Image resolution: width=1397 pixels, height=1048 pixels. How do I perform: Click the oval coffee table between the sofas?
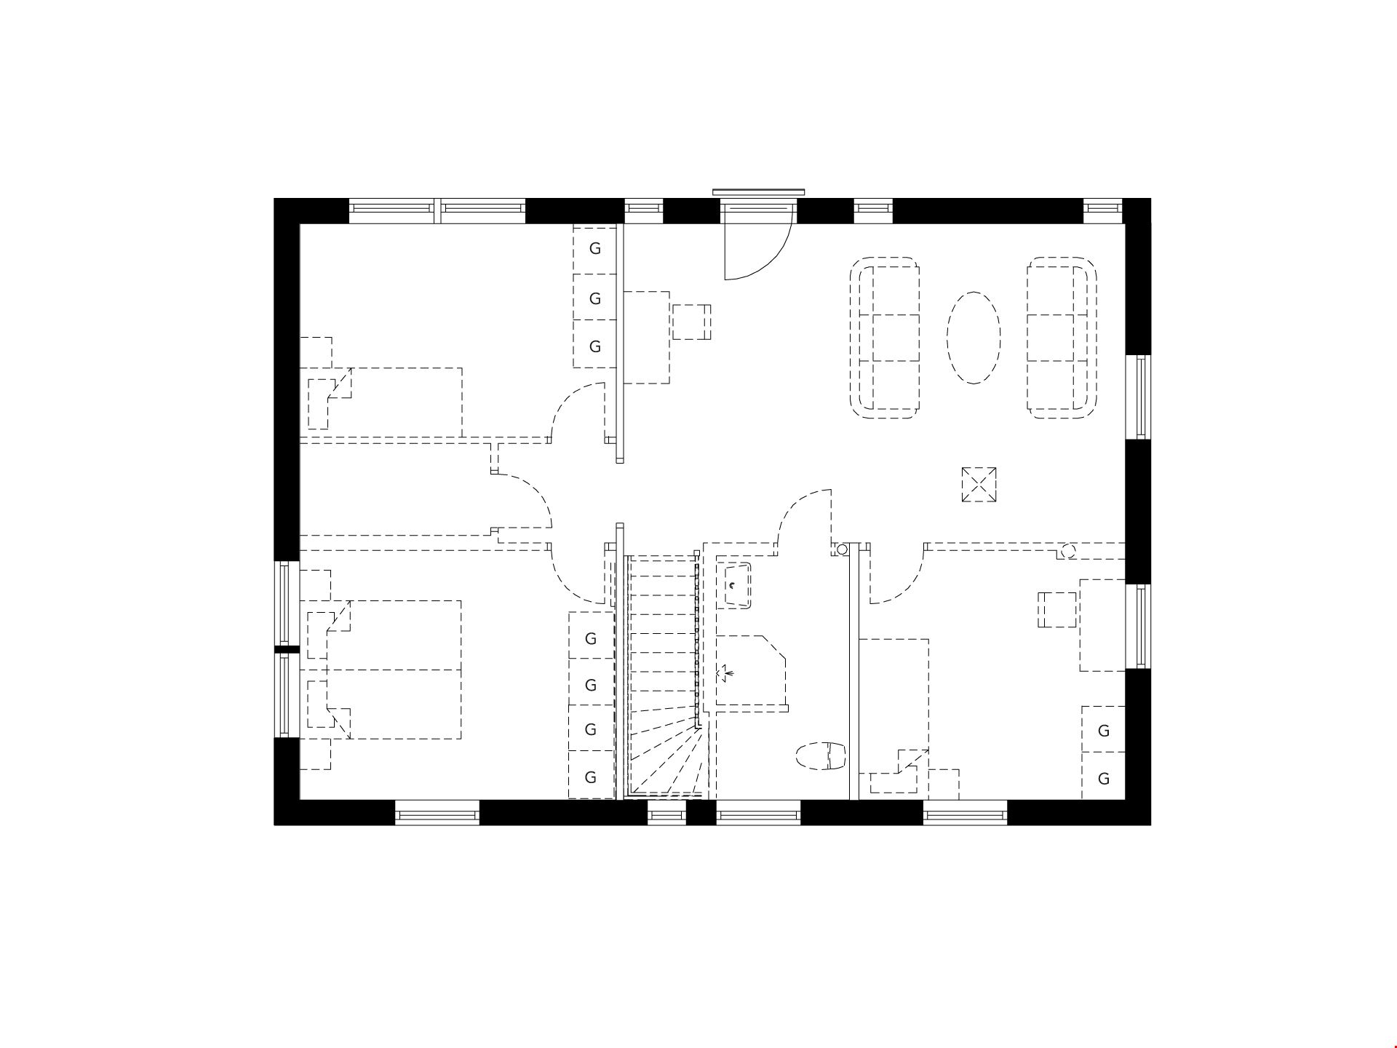(x=974, y=338)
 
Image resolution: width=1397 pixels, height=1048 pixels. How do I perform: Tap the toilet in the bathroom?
(x=821, y=756)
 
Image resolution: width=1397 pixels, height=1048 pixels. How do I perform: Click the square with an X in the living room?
(x=979, y=485)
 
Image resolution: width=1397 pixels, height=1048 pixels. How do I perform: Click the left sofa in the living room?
(x=885, y=338)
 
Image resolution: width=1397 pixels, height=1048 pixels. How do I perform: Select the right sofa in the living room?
(x=1062, y=338)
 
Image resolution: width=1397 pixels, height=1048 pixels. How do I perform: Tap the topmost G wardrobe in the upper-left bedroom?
(x=595, y=249)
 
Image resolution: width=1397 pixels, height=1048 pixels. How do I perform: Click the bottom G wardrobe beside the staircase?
(x=591, y=777)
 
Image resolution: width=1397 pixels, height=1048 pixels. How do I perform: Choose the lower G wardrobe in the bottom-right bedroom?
(x=1104, y=778)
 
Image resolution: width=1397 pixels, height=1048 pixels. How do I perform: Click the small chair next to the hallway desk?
(x=691, y=322)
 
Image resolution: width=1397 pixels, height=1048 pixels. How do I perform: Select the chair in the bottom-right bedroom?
(x=1057, y=610)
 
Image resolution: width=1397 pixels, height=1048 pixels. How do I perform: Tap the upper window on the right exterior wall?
(x=1139, y=397)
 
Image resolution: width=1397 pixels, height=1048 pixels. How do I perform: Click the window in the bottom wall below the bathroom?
(x=759, y=813)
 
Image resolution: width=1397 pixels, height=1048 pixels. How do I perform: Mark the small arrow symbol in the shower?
(x=726, y=673)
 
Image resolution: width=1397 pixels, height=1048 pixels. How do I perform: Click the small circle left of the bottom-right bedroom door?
(x=842, y=550)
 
